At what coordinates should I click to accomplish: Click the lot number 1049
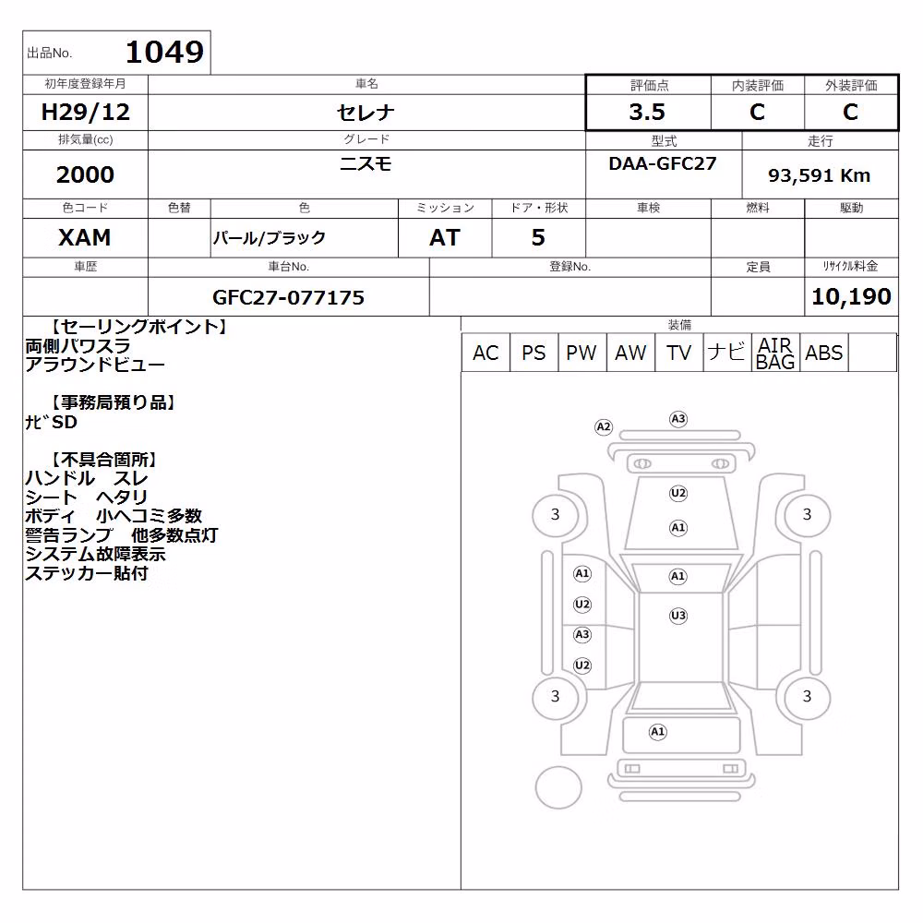click(x=165, y=52)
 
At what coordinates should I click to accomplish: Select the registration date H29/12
click(x=85, y=112)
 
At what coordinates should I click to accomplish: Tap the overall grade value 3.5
click(x=647, y=112)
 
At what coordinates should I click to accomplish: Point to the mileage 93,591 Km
click(x=819, y=175)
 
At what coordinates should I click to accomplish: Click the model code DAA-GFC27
click(x=663, y=163)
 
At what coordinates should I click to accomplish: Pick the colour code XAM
click(x=85, y=237)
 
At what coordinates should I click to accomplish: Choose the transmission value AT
click(x=445, y=237)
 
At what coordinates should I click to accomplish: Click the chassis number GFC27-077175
click(x=288, y=297)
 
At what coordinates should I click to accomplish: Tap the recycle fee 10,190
click(x=851, y=296)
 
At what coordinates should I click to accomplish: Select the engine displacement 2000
click(x=85, y=174)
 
